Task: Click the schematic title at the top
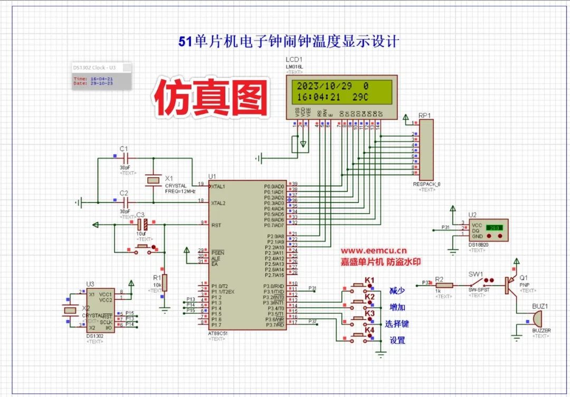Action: click(x=289, y=42)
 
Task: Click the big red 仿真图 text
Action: click(x=212, y=99)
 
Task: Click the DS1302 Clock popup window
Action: click(x=102, y=76)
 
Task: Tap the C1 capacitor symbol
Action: click(x=125, y=158)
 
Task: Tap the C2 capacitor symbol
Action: click(x=125, y=201)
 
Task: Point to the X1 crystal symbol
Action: click(x=153, y=180)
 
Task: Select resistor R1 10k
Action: click(x=165, y=283)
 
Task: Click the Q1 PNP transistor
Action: click(x=510, y=285)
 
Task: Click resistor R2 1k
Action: click(x=444, y=285)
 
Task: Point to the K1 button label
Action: click(x=369, y=279)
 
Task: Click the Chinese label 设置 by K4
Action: click(x=397, y=340)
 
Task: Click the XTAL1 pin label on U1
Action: click(x=218, y=187)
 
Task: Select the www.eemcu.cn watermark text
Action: click(x=373, y=251)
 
